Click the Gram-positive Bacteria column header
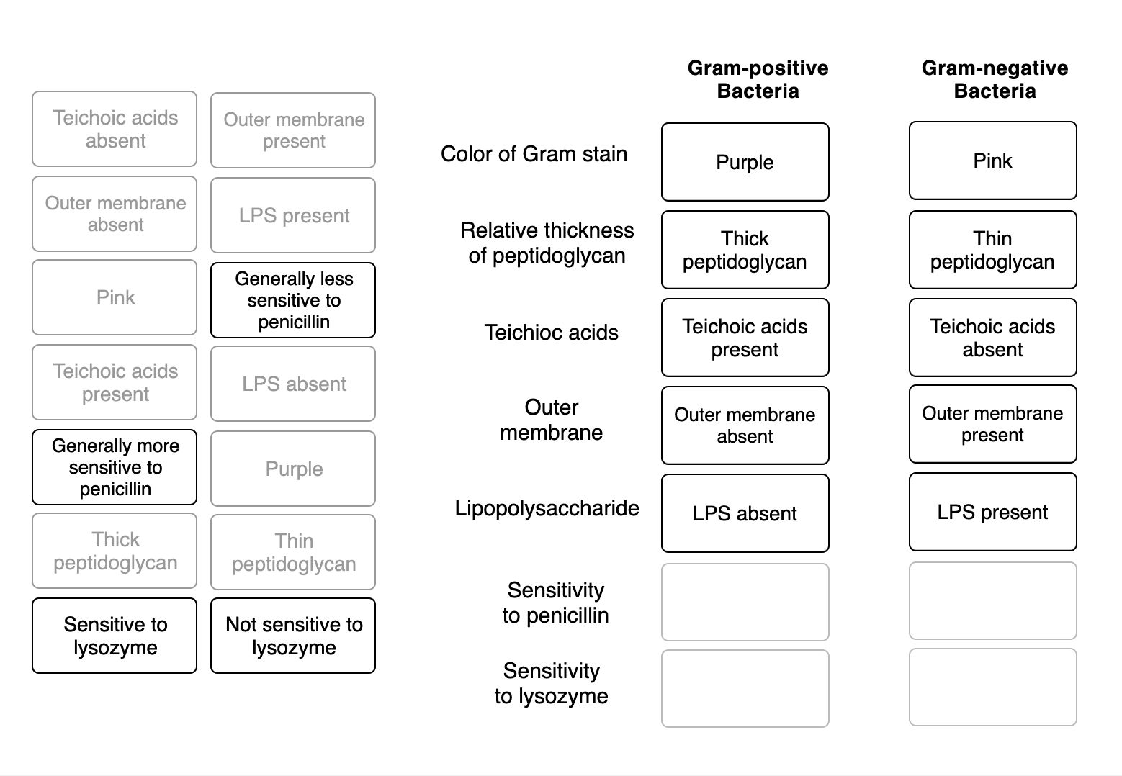click(x=758, y=79)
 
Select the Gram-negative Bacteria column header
click(x=995, y=79)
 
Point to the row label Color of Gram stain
click(x=534, y=154)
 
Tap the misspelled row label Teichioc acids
click(x=551, y=333)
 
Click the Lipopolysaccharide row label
click(x=547, y=508)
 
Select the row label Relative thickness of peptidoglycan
click(x=547, y=243)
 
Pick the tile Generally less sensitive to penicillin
click(x=293, y=300)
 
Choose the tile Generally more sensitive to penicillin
click(x=115, y=467)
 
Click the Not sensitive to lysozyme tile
click(x=293, y=636)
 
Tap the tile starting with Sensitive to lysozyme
click(x=115, y=636)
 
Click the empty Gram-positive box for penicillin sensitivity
click(x=745, y=602)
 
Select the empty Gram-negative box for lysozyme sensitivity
click(x=992, y=687)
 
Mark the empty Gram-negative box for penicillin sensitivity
click(x=992, y=601)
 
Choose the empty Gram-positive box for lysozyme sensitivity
click(x=745, y=689)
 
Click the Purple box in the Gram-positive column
click(x=745, y=162)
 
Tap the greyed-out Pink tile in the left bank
click(x=115, y=297)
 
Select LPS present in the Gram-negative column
click(x=992, y=512)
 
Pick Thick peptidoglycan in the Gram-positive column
click(x=745, y=250)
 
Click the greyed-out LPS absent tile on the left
click(x=293, y=384)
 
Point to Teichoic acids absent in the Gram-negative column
click(x=992, y=338)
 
